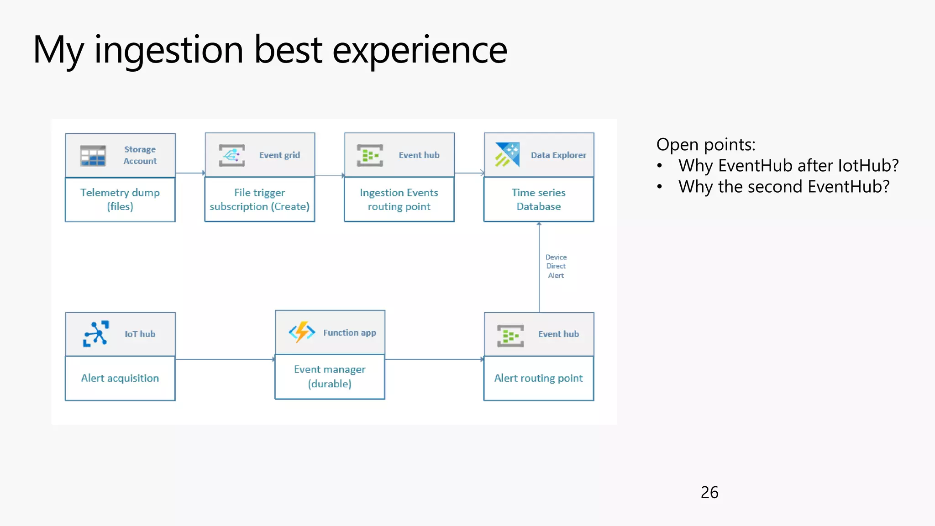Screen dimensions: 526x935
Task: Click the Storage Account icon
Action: [x=93, y=156]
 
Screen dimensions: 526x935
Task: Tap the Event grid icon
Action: [x=232, y=155]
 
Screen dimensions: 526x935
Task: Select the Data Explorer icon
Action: [x=508, y=154]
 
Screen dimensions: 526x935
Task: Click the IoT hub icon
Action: [x=96, y=334]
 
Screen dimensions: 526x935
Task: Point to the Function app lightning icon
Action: [x=302, y=332]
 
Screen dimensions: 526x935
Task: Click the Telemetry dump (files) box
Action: [x=120, y=200]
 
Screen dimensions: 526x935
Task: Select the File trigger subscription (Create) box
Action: [x=259, y=200]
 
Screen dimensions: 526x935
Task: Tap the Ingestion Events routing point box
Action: [x=399, y=200]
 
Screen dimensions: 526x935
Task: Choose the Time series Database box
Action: [x=539, y=200]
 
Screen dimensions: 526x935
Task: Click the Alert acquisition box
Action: [x=120, y=378]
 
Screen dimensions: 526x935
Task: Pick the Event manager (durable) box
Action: [x=330, y=376]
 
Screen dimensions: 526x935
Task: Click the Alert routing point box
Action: [x=539, y=378]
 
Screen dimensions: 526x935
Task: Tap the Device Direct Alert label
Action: [x=556, y=266]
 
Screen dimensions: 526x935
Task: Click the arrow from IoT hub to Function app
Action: [x=225, y=359]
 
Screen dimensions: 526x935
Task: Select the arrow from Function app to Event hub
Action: [x=434, y=359]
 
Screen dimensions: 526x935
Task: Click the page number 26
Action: [x=709, y=492]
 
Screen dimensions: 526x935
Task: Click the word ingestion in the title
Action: [x=168, y=50]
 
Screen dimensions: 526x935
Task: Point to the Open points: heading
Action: [x=706, y=144]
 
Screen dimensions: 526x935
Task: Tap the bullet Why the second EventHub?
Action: [x=784, y=187]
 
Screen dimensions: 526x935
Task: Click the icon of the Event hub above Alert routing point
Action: [x=510, y=336]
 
